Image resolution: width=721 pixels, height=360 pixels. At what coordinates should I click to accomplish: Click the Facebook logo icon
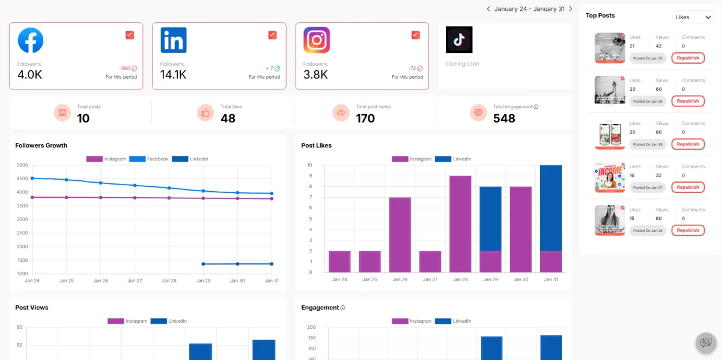[x=31, y=40]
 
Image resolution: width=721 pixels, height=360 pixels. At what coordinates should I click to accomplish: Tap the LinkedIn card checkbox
[x=272, y=35]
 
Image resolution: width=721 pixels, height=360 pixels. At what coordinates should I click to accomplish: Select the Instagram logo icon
[x=317, y=40]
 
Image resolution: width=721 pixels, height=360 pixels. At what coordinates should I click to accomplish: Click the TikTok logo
[x=459, y=40]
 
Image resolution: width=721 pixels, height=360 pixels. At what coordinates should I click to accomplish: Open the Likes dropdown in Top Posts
[x=692, y=17]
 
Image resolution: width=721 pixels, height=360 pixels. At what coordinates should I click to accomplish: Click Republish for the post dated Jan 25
[x=687, y=58]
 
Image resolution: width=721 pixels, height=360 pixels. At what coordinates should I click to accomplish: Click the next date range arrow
[x=570, y=9]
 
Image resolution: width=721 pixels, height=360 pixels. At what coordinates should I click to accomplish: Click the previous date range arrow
[x=488, y=9]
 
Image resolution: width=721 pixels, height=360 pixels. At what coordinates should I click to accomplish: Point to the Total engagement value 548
[x=504, y=118]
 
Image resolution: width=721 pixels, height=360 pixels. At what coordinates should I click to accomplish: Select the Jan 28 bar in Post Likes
[x=460, y=224]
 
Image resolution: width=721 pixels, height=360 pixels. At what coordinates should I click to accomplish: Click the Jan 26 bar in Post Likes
[x=400, y=234]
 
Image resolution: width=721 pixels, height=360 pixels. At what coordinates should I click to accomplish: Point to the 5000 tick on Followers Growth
[x=22, y=165]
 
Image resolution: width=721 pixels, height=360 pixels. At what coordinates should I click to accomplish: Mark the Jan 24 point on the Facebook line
[x=32, y=178]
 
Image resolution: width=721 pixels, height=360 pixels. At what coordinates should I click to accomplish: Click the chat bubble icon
[x=705, y=343]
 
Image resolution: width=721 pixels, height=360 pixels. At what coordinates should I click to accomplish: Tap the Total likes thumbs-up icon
[x=205, y=112]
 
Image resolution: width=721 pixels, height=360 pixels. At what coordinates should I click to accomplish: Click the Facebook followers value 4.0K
[x=29, y=75]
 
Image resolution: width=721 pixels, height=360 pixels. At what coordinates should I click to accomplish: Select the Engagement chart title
[x=320, y=308]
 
